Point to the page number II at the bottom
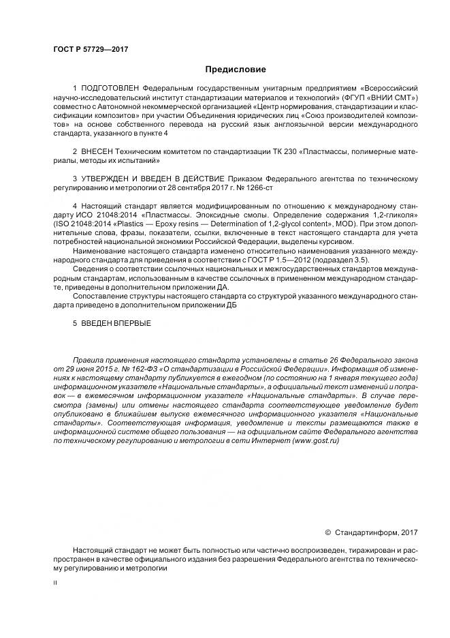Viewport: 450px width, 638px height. pos(54,583)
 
